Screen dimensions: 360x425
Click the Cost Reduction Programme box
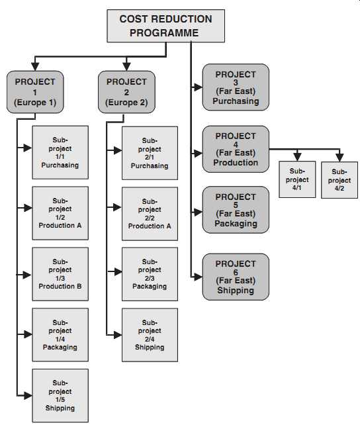coord(166,26)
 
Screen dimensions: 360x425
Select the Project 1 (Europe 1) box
coord(35,92)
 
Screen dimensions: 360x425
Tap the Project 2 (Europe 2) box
coord(126,92)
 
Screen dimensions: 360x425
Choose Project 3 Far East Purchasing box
coord(236,87)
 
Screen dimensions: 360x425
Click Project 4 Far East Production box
coord(236,149)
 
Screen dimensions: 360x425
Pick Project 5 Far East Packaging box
coord(236,210)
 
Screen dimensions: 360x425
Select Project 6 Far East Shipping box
coord(236,277)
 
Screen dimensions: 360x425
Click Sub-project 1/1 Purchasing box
coord(60,152)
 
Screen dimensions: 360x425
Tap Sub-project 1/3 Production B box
coord(60,274)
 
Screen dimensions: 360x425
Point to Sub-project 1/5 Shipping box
coord(60,395)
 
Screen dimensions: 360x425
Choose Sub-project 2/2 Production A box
coord(150,214)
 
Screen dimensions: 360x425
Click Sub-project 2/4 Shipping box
coord(150,335)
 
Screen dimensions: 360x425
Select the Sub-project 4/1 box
coord(297,179)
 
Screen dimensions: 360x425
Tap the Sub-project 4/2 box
coord(339,180)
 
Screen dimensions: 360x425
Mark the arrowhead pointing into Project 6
coord(198,277)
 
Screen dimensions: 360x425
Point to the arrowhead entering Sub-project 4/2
coord(339,158)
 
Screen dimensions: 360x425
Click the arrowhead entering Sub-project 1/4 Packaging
coord(28,334)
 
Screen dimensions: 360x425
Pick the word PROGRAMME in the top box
coord(164,33)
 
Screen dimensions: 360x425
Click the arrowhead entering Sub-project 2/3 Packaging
coord(118,271)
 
